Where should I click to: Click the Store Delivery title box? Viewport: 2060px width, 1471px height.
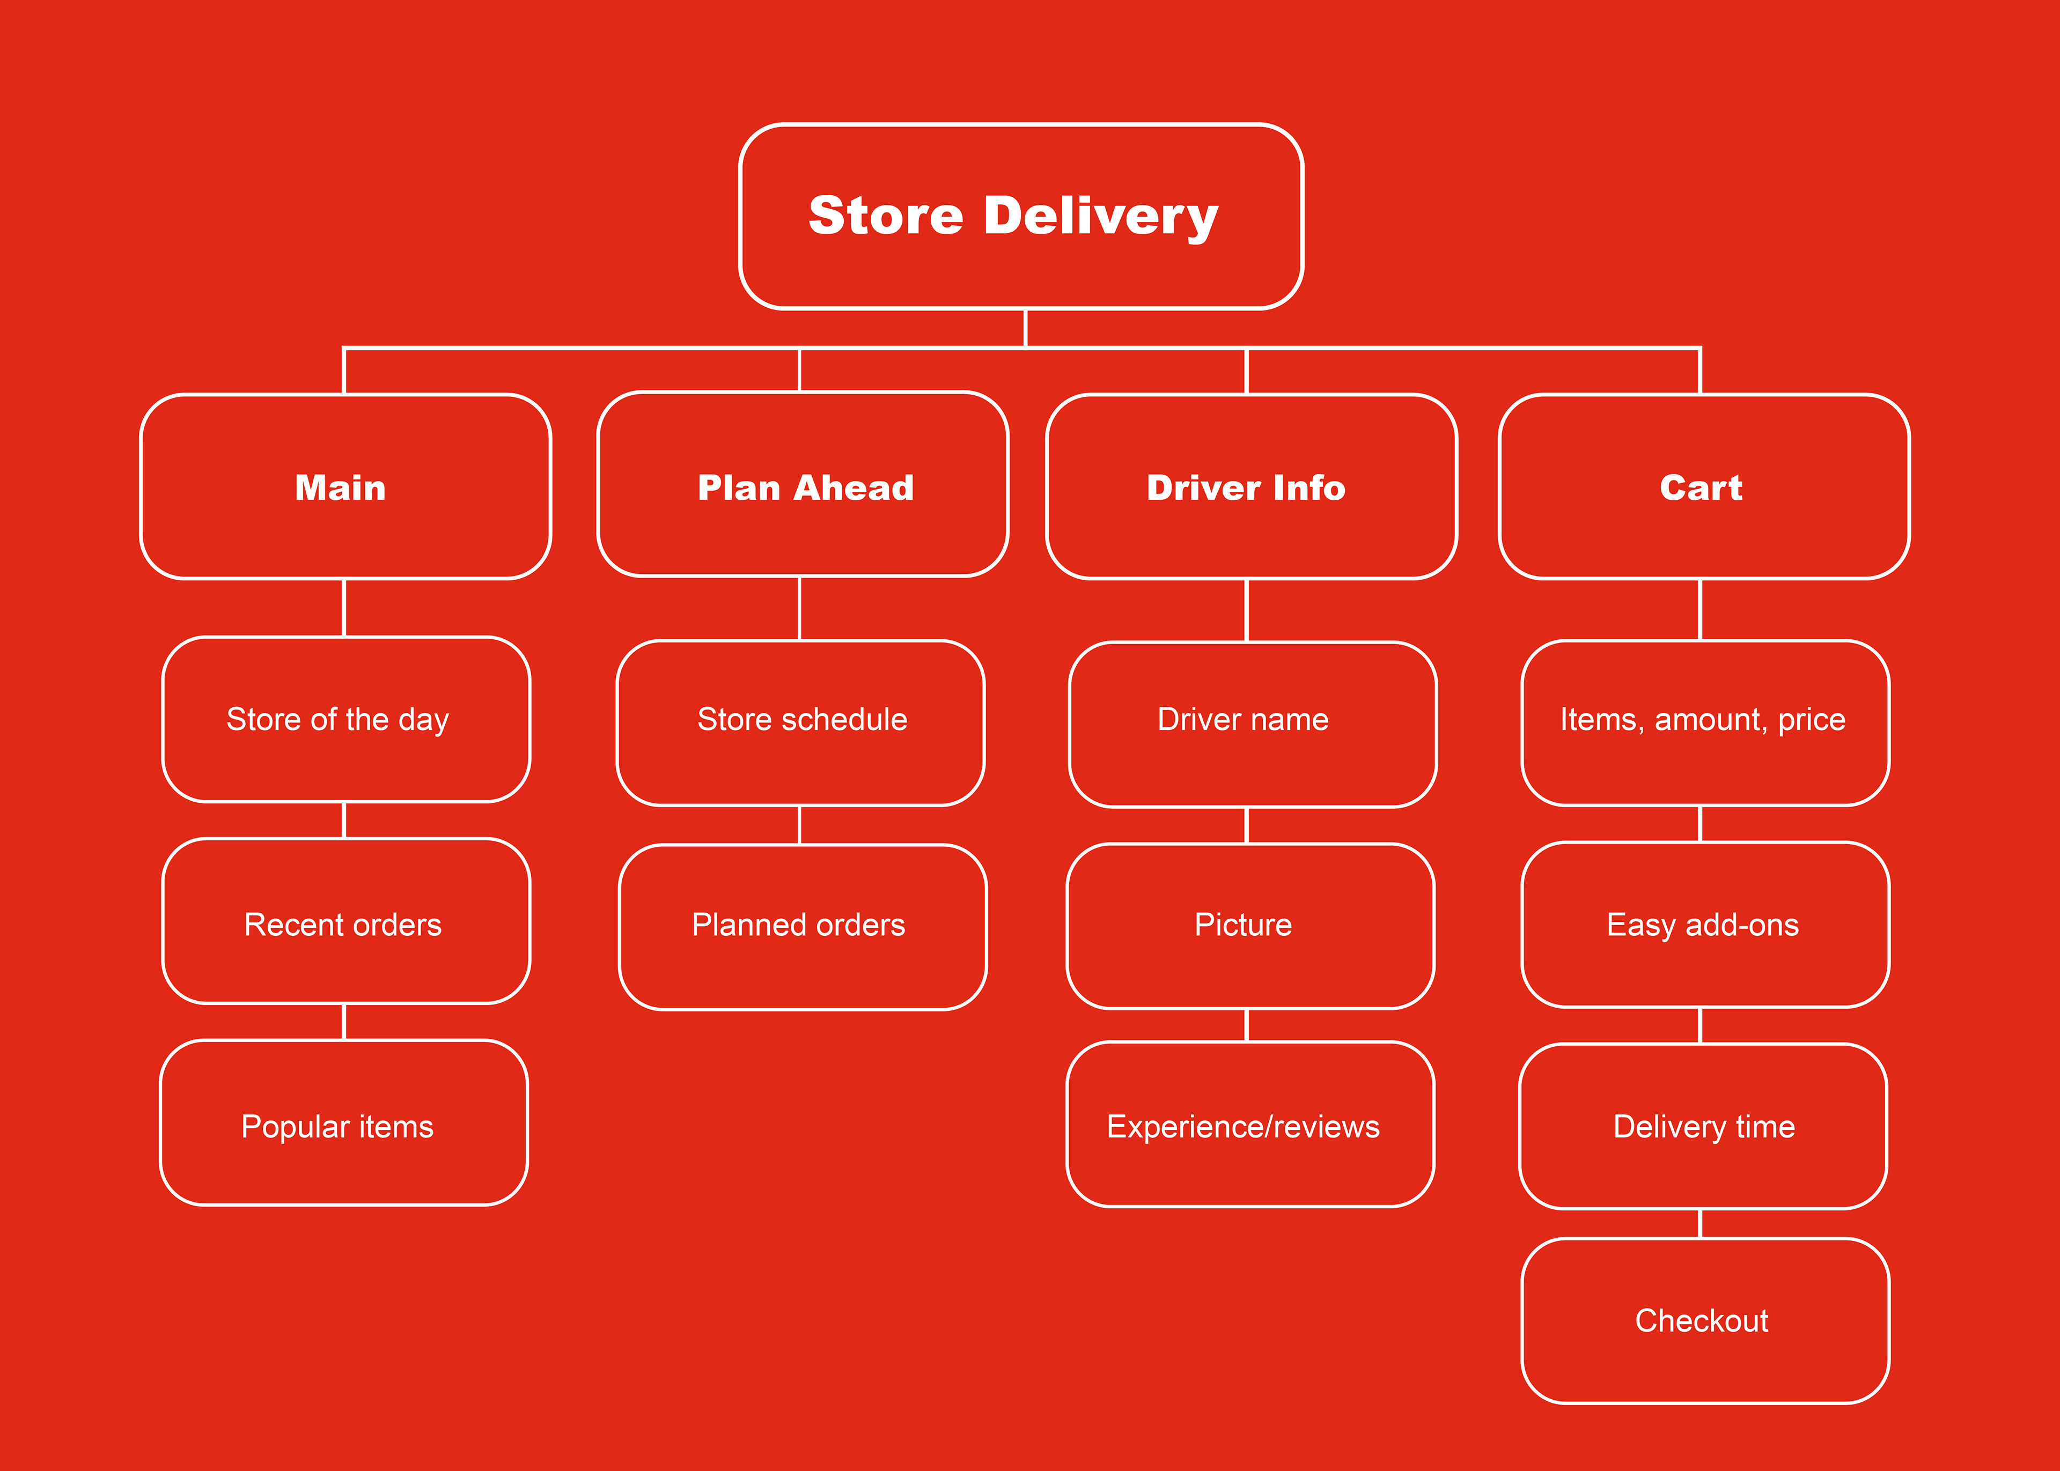[x=1021, y=217]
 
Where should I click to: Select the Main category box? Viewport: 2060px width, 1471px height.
[x=345, y=486]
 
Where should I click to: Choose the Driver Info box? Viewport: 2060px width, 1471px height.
[x=1251, y=486]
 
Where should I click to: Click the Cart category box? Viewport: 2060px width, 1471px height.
[x=1704, y=486]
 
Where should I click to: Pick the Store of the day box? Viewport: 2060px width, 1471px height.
[x=346, y=719]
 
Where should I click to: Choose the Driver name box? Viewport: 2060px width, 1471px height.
[x=1253, y=725]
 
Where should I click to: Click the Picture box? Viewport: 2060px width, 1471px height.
[x=1250, y=926]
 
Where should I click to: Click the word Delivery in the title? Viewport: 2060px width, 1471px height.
[x=1101, y=217]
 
